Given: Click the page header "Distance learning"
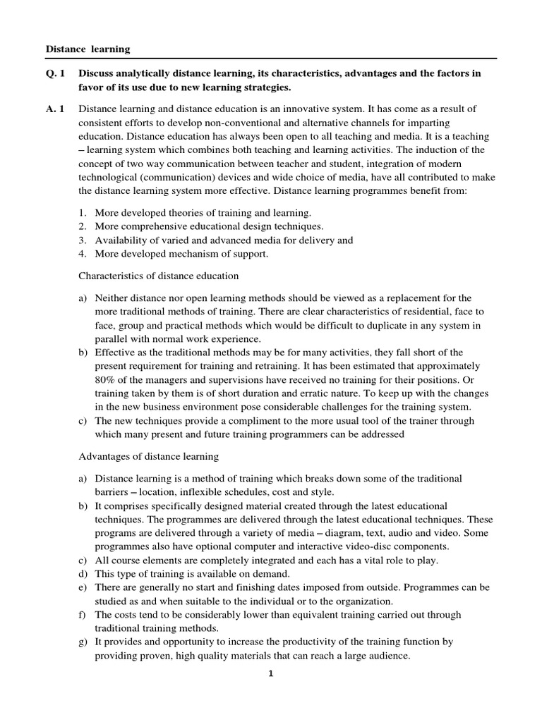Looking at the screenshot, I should [x=88, y=49].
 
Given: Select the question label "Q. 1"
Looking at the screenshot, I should [x=56, y=73].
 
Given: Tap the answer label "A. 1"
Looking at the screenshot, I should [x=56, y=109].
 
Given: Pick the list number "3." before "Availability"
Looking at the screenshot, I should [x=82, y=240].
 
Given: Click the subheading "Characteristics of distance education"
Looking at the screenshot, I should [x=159, y=275].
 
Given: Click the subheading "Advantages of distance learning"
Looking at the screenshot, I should [x=149, y=456].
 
